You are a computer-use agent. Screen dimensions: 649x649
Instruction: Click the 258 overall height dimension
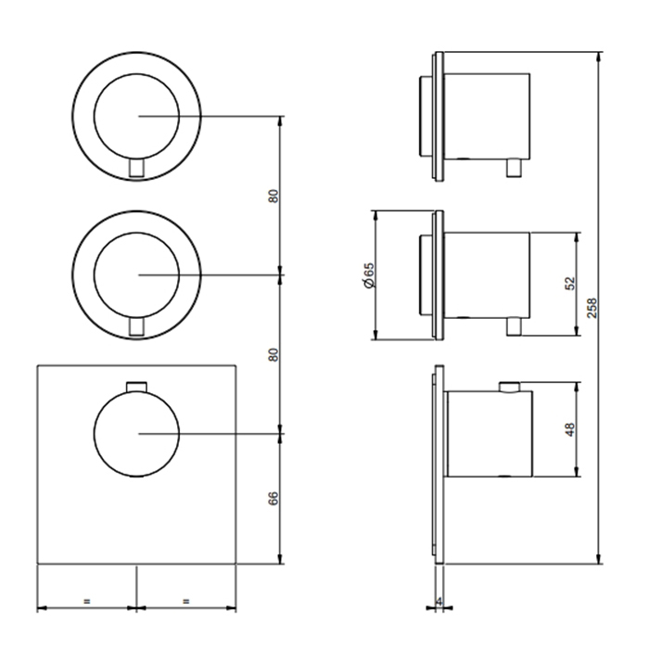click(x=592, y=308)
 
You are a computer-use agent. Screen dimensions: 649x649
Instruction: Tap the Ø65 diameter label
click(x=368, y=275)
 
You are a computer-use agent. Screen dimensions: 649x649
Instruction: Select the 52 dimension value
click(x=570, y=284)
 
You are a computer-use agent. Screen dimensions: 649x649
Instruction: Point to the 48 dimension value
click(x=570, y=429)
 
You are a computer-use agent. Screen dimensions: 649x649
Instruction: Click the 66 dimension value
click(x=274, y=499)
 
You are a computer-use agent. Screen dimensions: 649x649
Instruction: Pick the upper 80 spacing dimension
click(x=274, y=196)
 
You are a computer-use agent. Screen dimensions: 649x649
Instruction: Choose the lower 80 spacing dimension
click(x=274, y=355)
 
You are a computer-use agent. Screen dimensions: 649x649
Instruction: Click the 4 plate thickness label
click(x=439, y=601)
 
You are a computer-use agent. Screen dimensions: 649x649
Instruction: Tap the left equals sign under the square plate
click(x=86, y=601)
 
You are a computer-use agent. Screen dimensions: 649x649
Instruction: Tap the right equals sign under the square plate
click(x=185, y=601)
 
